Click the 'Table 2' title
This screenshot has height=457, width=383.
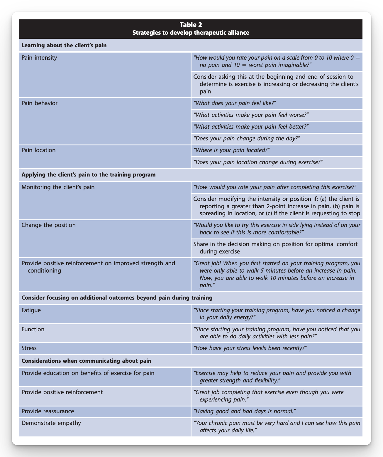pyautogui.click(x=191, y=25)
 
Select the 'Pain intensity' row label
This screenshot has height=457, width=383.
pyautogui.click(x=39, y=58)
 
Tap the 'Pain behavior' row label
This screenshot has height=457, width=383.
pyautogui.click(x=40, y=103)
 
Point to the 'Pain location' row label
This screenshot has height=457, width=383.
pyautogui.click(x=38, y=150)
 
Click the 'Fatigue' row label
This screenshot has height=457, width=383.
pyautogui.click(x=31, y=310)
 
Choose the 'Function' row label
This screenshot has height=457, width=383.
pyautogui.click(x=33, y=329)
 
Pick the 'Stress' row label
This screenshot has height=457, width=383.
pyautogui.click(x=29, y=348)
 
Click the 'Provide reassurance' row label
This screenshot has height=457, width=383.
pyautogui.click(x=48, y=411)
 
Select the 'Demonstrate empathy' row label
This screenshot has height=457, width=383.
pyautogui.click(x=51, y=423)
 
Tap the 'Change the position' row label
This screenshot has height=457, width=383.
pyautogui.click(x=49, y=225)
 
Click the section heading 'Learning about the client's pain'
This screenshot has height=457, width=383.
pyautogui.click(x=64, y=46)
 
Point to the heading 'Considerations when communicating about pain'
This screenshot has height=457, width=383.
pyautogui.click(x=87, y=361)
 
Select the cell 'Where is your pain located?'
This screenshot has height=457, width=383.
pyautogui.click(x=232, y=150)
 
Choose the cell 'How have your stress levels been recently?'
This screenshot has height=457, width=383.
pyautogui.click(x=250, y=348)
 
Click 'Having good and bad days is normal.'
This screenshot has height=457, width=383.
pyautogui.click(x=245, y=411)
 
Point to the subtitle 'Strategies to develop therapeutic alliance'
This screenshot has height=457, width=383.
pyautogui.click(x=191, y=33)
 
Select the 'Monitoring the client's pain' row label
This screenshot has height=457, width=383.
pyautogui.click(x=58, y=187)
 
